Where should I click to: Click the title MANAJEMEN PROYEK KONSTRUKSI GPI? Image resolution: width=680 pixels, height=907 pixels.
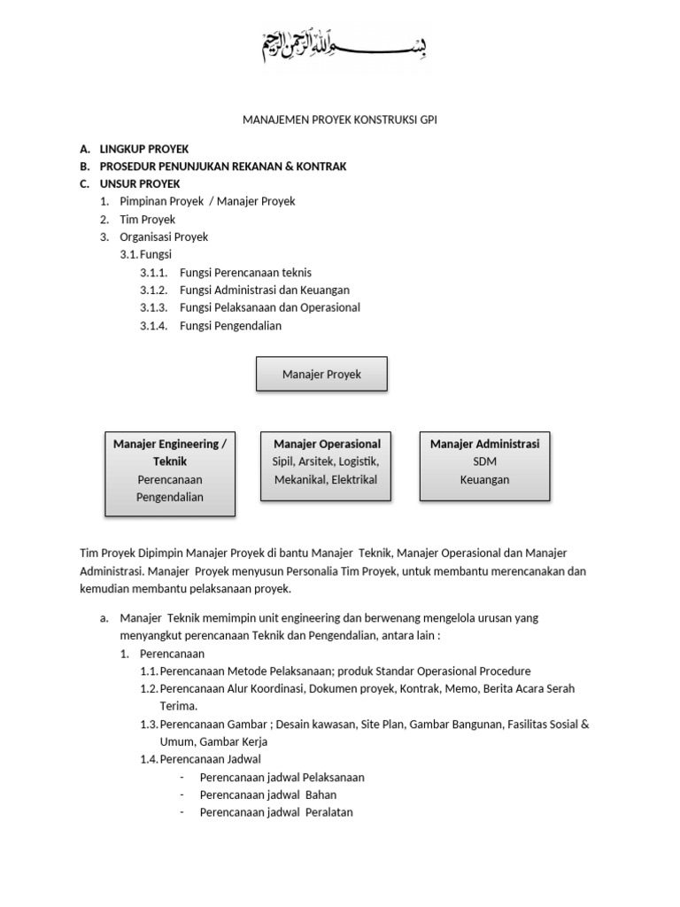340,120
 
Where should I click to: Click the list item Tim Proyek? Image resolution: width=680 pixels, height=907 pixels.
148,219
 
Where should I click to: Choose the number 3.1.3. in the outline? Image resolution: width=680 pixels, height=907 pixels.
153,307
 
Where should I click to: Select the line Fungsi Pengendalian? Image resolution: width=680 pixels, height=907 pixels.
230,325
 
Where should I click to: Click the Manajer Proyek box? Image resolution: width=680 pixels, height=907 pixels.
321,375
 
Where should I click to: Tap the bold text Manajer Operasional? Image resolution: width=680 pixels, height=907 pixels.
328,444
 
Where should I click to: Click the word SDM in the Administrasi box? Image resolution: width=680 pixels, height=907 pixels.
484,461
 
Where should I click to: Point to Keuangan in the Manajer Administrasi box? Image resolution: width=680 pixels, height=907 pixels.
484,479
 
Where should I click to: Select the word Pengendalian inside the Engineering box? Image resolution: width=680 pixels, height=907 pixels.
170,497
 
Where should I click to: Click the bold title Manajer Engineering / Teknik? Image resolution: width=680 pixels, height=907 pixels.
170,452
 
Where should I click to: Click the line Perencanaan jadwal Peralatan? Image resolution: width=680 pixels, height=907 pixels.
276,812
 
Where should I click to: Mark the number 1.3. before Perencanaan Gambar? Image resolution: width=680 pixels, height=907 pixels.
149,724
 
